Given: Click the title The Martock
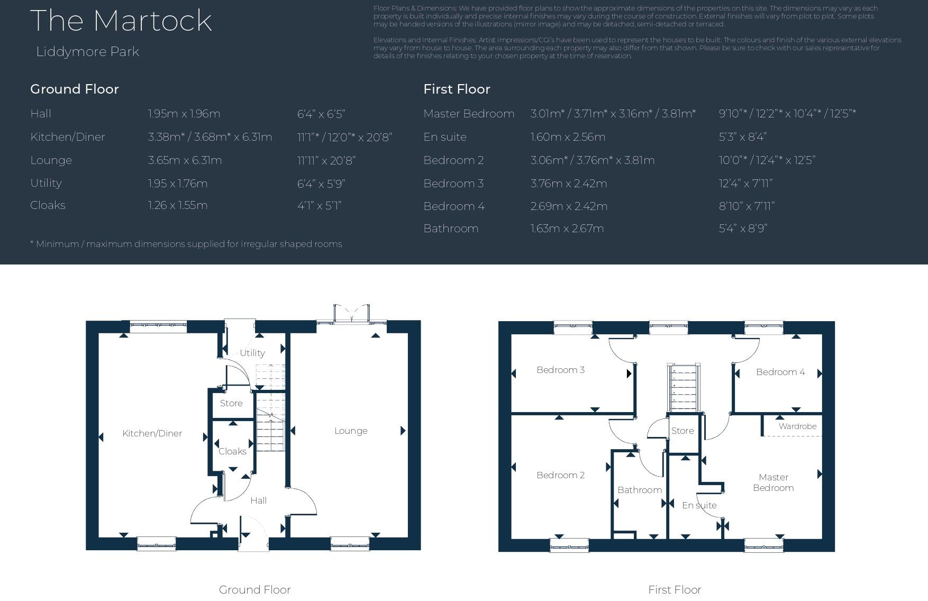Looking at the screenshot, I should coord(121,21).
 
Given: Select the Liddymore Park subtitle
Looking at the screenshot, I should coord(87,52).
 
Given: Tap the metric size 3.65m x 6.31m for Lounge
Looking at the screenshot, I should coord(185,160).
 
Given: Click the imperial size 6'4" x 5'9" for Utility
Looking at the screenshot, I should coord(321,184).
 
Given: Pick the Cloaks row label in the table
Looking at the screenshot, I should coord(48,205).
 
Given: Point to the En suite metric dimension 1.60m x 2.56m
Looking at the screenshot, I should coord(568,137).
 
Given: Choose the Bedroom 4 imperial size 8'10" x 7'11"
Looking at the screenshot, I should coord(746,206).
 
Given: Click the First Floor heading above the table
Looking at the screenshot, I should coord(457,89).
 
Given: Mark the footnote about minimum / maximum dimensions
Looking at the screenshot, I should coord(186,244).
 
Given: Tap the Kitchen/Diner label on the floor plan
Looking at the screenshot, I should coord(152,433).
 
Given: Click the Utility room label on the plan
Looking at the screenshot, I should coord(252,353).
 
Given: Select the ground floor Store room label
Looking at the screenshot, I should coord(231,403).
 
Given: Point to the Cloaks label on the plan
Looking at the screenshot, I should coord(232,451).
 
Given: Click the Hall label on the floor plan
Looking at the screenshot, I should coord(258,500).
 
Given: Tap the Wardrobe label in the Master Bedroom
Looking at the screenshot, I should coord(797,426).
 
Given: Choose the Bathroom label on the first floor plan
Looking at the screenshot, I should coord(640,490).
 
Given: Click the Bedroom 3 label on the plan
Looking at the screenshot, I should coord(560,370).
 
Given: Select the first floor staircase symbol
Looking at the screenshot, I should coord(685,388).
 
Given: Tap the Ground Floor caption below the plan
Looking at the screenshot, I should coord(254,589).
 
